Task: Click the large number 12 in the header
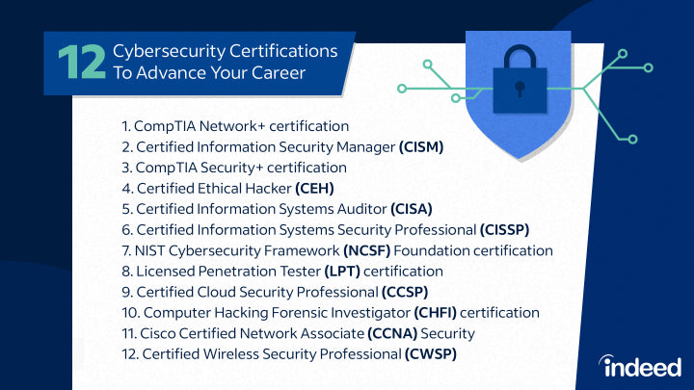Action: click(80, 62)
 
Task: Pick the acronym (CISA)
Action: click(411, 208)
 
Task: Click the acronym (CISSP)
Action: click(504, 229)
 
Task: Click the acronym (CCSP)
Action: click(405, 292)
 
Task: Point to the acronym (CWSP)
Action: click(431, 354)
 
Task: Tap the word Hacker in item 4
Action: click(268, 188)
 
